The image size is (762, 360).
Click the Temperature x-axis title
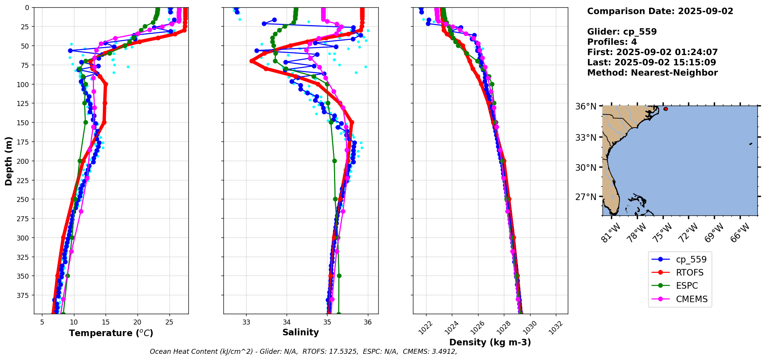pos(111,333)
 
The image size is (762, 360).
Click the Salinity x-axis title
pos(300,332)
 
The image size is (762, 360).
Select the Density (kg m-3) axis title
pos(490,342)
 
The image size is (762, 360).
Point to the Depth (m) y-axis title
pos(8,161)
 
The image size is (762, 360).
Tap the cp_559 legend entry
pos(691,259)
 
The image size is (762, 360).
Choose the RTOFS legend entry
pos(690,273)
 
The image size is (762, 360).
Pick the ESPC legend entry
pos(687,286)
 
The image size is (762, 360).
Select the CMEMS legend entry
pos(692,299)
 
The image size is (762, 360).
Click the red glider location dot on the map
pos(666,109)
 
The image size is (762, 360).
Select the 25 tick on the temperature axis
pos(169,322)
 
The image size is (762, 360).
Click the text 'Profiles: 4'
pos(612,42)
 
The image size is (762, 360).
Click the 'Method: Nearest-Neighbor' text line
pos(652,73)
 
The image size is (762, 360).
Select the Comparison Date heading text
pos(660,11)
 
